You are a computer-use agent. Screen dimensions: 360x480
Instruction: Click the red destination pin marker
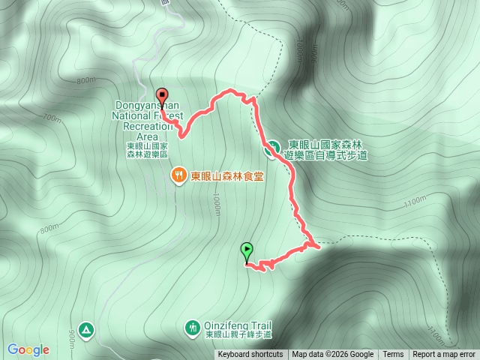pyautogui.click(x=161, y=94)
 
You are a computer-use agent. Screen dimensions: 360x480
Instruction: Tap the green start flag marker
pyautogui.click(x=247, y=250)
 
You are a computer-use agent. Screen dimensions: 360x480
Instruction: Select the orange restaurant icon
pyautogui.click(x=178, y=176)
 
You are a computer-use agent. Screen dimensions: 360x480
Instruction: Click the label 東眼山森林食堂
pyautogui.click(x=227, y=177)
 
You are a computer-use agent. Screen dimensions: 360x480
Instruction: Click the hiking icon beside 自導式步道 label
pyautogui.click(x=274, y=148)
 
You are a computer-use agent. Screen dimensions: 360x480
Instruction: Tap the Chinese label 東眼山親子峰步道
pyautogui.click(x=238, y=334)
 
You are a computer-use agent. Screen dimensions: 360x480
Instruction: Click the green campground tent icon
pyautogui.click(x=87, y=329)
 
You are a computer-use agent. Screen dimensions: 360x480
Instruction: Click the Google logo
pyautogui.click(x=28, y=349)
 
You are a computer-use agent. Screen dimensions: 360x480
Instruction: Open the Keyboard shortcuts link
pyautogui.click(x=250, y=355)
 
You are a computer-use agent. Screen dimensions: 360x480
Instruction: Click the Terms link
pyautogui.click(x=393, y=355)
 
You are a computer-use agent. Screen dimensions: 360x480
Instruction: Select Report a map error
pyautogui.click(x=444, y=355)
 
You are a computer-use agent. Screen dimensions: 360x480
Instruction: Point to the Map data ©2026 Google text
pyautogui.click(x=332, y=355)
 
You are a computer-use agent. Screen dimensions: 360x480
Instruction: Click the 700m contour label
pyautogui.click(x=52, y=118)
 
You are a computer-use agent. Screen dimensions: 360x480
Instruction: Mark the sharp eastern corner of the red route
pyautogui.click(x=319, y=244)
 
